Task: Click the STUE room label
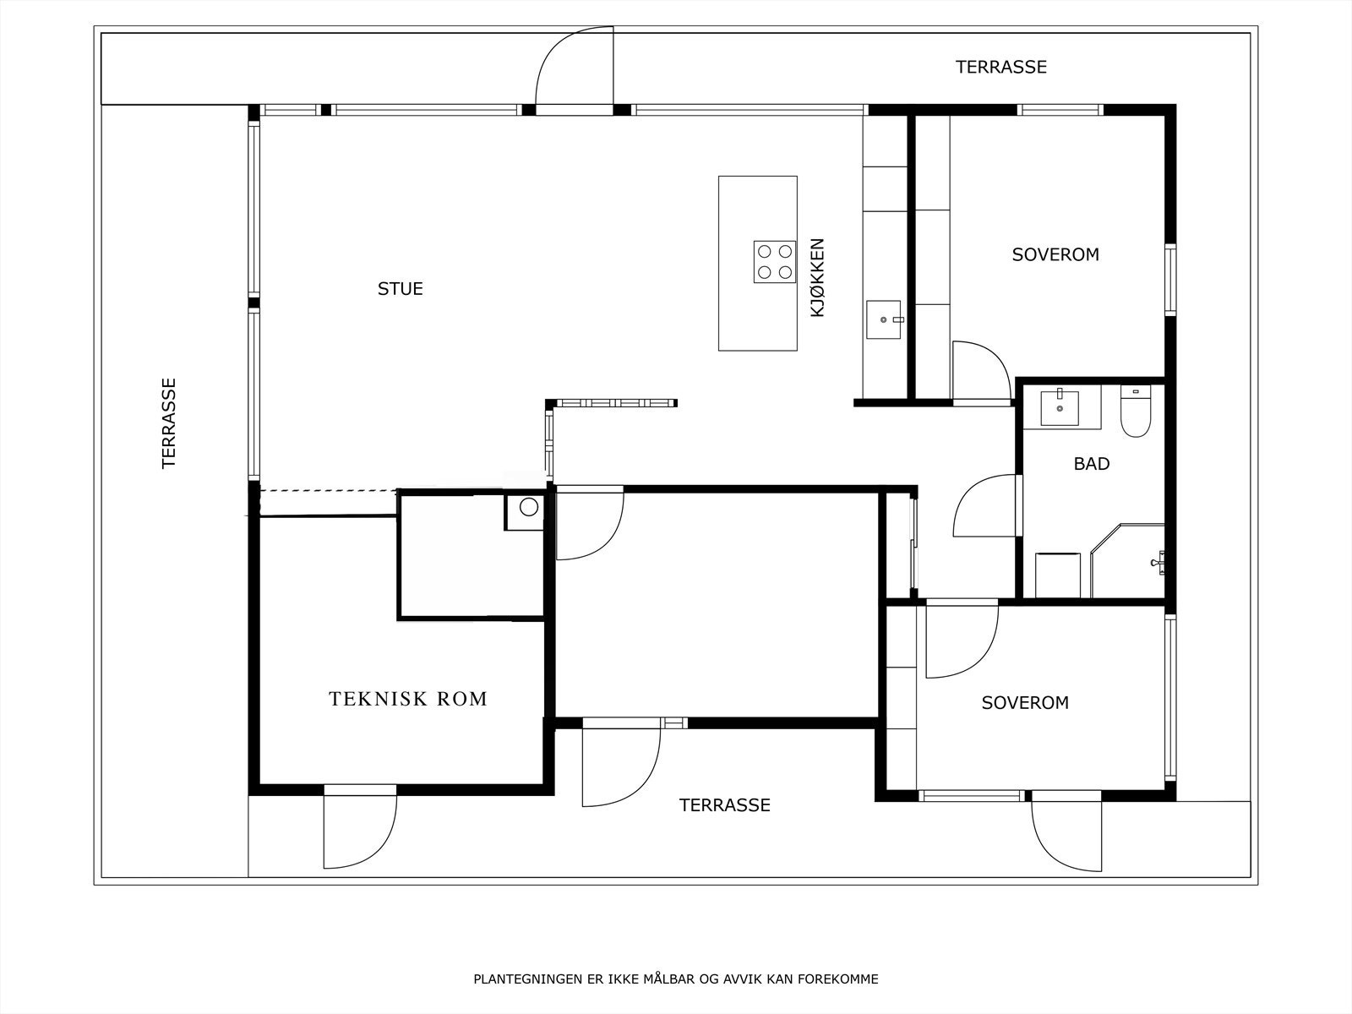point(401,289)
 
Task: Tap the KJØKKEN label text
point(817,278)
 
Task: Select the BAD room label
point(1092,464)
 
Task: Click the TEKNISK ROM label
point(408,699)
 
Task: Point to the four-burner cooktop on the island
point(775,262)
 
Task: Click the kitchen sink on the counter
point(884,319)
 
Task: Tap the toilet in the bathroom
point(1135,412)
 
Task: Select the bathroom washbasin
point(1060,408)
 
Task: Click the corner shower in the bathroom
point(1127,560)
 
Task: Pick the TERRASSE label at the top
point(1001,67)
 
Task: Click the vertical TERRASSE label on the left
point(169,423)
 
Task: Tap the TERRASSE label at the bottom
point(724,805)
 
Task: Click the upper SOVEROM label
point(1055,254)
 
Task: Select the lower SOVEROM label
point(1025,702)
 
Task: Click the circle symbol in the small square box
point(528,507)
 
